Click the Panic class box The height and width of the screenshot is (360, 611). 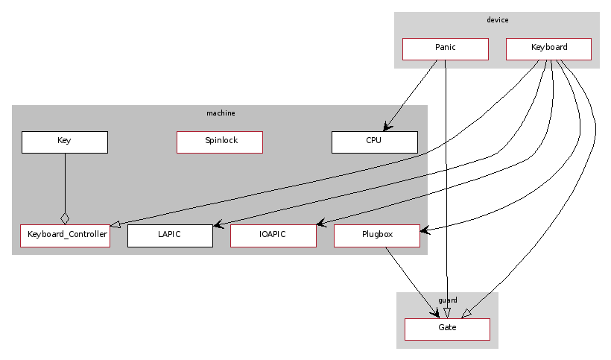[445, 48]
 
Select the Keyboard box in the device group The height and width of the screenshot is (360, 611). [548, 48]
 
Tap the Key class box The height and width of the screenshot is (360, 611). [65, 142]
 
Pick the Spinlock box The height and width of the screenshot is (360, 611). [220, 142]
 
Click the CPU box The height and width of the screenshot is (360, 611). [374, 142]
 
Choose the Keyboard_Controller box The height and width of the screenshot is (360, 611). [65, 236]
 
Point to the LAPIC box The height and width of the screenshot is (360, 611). [170, 236]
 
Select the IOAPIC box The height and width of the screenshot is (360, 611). [273, 236]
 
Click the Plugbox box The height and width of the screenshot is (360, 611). [377, 236]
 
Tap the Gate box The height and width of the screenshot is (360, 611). [447, 329]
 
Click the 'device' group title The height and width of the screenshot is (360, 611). [497, 20]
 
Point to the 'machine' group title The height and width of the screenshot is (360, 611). [221, 113]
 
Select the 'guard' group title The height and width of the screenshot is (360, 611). [448, 300]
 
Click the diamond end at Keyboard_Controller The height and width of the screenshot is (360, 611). [65, 218]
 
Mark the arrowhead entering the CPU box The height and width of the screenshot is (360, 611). [386, 127]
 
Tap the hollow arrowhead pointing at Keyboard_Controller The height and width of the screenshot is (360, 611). [115, 224]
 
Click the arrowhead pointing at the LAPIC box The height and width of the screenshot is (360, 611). [217, 224]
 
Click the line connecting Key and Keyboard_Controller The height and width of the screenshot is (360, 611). [65, 183]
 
